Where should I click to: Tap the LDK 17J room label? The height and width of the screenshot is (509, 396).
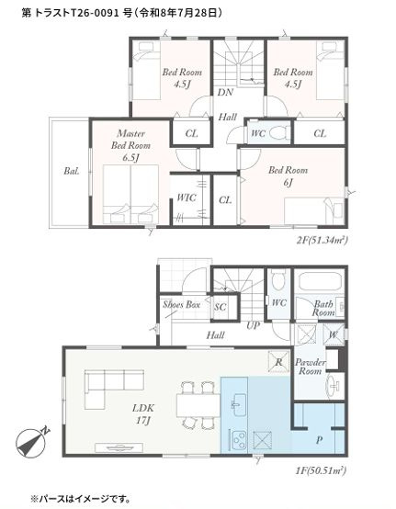click(x=143, y=413)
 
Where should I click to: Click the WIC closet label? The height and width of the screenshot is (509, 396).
click(x=187, y=198)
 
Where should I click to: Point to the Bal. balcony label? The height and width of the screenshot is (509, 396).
click(x=72, y=171)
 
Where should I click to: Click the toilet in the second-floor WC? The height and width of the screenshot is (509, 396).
click(x=279, y=132)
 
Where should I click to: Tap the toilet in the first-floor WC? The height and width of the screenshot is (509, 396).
click(x=278, y=278)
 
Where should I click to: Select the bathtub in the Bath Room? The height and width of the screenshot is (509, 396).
click(x=321, y=281)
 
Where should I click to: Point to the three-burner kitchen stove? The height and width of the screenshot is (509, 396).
click(x=239, y=439)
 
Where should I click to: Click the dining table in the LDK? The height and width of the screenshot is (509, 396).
click(x=198, y=406)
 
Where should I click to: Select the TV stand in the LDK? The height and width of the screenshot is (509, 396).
click(x=119, y=447)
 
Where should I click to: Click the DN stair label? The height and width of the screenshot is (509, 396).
click(x=225, y=93)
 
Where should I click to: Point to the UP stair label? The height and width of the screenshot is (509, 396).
click(x=253, y=325)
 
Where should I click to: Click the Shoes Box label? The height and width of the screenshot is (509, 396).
click(x=181, y=304)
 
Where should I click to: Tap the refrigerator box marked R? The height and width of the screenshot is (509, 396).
click(x=278, y=362)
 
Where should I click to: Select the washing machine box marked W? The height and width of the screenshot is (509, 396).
click(x=334, y=334)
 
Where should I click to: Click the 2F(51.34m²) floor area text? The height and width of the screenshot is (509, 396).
click(x=322, y=240)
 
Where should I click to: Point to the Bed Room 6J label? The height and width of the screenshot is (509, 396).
click(x=288, y=176)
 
